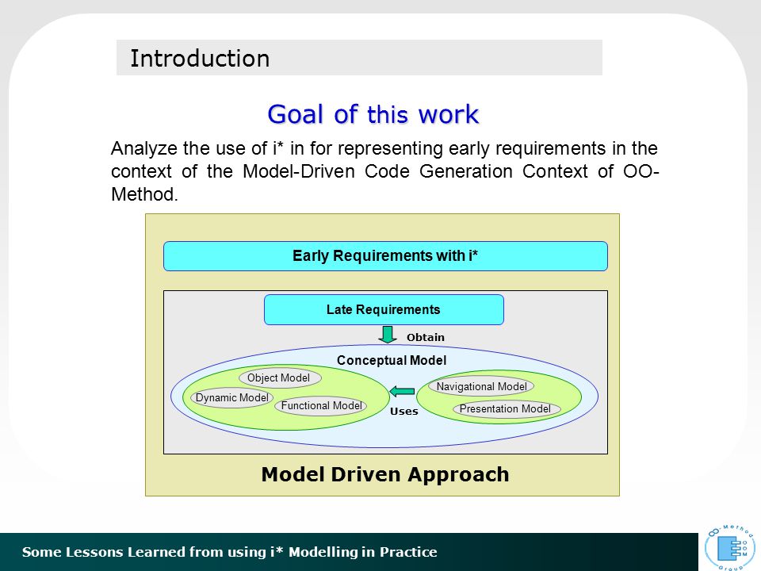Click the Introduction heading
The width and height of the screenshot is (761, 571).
pos(200,58)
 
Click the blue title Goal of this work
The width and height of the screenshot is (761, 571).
pos(373,114)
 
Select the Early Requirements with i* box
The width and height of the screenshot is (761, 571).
pos(385,256)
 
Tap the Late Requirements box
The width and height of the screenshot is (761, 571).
pos(384,309)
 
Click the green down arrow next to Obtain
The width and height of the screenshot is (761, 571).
pos(388,335)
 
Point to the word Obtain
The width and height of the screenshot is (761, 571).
pos(425,337)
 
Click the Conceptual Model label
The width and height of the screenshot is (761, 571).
pos(391,360)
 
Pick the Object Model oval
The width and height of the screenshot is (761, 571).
pos(280,377)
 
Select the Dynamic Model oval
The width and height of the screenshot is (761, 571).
pos(231,397)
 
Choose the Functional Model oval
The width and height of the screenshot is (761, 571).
pos(321,405)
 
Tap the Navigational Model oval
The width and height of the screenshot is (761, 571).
pos(481,386)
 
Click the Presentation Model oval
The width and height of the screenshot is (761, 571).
pos(507,409)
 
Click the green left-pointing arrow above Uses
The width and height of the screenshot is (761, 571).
pos(402,391)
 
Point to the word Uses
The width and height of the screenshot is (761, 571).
pos(403,412)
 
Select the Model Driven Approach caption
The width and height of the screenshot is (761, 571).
pos(385,474)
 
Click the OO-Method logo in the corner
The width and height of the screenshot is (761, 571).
pos(730,546)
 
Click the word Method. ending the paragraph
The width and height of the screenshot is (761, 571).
pos(144,194)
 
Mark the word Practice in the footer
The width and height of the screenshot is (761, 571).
pos(408,552)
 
